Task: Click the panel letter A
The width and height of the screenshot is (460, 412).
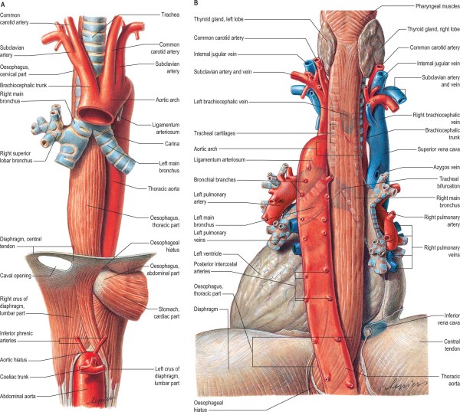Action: (x=5, y=4)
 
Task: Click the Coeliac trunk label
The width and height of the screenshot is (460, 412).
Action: (x=19, y=375)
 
